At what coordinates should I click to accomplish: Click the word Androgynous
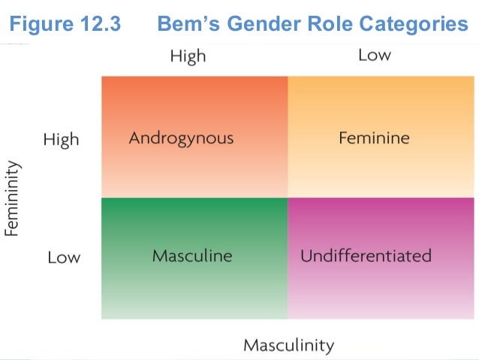tap(181, 139)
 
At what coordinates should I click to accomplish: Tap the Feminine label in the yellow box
tap(374, 139)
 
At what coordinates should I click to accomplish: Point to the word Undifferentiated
tap(366, 256)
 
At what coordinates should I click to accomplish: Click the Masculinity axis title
tap(288, 346)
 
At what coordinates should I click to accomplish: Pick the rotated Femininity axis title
tap(12, 198)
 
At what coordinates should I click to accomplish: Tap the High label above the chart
tap(188, 56)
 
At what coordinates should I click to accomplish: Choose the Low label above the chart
tap(374, 56)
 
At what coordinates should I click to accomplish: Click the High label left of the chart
tap(61, 140)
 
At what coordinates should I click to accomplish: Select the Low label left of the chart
tap(63, 257)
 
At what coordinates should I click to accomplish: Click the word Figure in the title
tap(38, 25)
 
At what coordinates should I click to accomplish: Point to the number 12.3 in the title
tap(99, 25)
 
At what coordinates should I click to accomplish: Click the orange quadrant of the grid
tap(194, 105)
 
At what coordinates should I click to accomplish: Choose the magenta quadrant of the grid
tap(381, 293)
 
